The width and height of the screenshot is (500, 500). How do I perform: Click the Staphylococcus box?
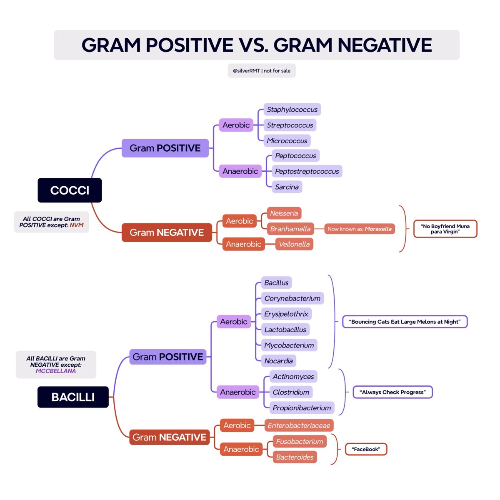(292, 110)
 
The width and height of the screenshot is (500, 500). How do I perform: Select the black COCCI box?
(70, 190)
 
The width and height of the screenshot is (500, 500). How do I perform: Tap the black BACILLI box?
(73, 397)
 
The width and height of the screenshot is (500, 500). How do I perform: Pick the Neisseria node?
(284, 213)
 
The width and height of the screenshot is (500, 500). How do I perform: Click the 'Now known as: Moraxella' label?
(359, 229)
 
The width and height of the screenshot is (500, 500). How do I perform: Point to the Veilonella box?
(294, 244)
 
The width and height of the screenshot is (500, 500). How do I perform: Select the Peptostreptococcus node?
(307, 171)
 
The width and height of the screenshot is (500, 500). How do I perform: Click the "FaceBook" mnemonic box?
(366, 449)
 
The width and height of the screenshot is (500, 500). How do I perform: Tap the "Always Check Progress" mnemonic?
(392, 392)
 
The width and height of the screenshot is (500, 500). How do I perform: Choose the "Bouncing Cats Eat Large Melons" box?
(405, 322)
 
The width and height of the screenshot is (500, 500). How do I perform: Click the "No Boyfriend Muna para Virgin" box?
(445, 229)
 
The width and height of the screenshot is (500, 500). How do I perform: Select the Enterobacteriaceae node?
(299, 425)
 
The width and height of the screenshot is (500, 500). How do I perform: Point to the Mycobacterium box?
(289, 345)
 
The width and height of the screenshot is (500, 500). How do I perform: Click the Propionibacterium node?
(302, 408)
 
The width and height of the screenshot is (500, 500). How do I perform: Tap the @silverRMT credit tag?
(262, 71)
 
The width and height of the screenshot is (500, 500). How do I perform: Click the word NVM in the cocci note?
(76, 225)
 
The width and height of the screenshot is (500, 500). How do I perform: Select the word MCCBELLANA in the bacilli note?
(56, 371)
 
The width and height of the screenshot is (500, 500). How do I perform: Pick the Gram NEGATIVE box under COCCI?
(167, 232)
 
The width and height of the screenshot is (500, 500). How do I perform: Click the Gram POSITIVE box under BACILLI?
(167, 357)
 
